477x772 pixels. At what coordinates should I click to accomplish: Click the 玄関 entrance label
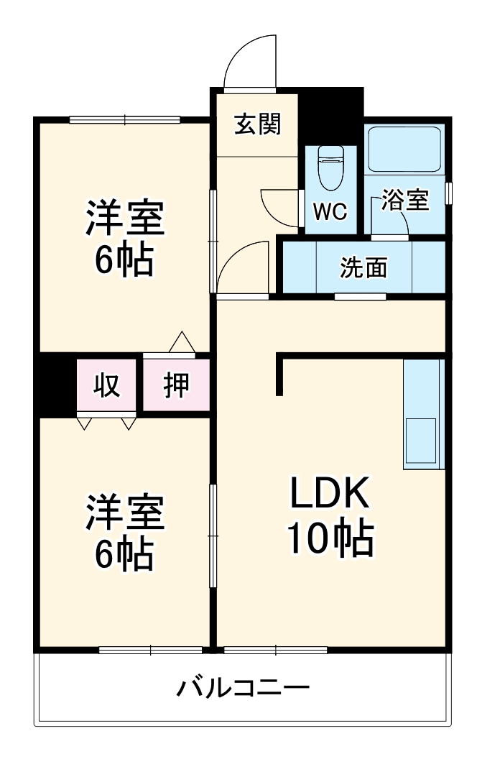click(256, 125)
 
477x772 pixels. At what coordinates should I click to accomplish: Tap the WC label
click(330, 211)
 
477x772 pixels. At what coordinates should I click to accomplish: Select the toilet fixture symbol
click(330, 167)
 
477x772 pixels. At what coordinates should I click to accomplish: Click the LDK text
click(330, 495)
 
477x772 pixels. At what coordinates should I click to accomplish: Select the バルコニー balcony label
click(244, 689)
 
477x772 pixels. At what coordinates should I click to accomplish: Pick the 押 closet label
click(176, 385)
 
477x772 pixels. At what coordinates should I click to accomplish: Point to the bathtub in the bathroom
click(405, 149)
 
